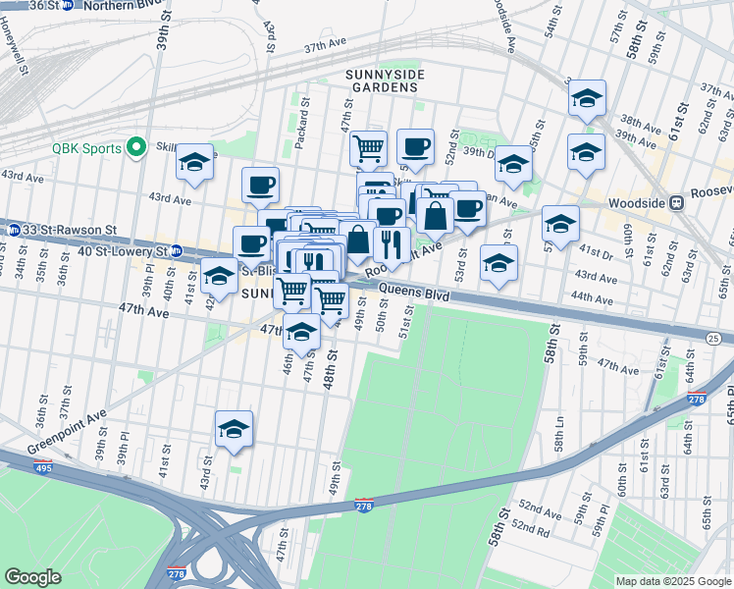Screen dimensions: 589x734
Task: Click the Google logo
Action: pyautogui.click(x=32, y=577)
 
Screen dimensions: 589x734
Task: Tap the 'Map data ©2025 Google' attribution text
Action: pyautogui.click(x=672, y=581)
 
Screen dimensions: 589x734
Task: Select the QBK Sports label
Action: pyautogui.click(x=86, y=148)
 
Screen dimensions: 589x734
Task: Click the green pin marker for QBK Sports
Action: pyautogui.click(x=135, y=148)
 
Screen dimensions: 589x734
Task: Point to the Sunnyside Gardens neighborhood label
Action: pyautogui.click(x=381, y=80)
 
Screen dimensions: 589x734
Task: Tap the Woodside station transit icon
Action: pyautogui.click(x=675, y=202)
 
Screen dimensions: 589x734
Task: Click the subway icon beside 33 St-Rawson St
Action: pyautogui.click(x=13, y=230)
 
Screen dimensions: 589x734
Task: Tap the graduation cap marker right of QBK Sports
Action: pyautogui.click(x=195, y=162)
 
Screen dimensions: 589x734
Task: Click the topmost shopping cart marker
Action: pyautogui.click(x=368, y=148)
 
